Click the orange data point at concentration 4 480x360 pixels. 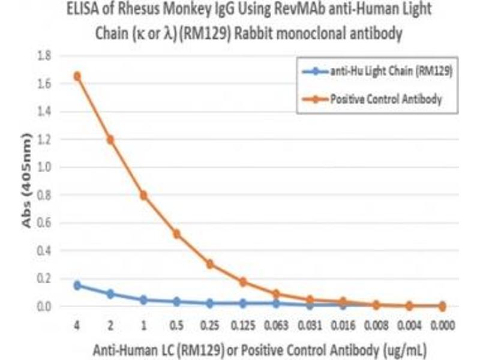click(x=77, y=76)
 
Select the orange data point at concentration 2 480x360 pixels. click(x=110, y=140)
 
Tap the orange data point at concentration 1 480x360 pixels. click(x=143, y=195)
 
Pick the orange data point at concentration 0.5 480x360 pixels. click(x=176, y=233)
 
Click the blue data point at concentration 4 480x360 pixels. click(x=77, y=285)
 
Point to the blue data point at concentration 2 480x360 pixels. click(x=110, y=294)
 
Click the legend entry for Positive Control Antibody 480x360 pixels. click(x=386, y=99)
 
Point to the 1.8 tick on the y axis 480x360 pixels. click(x=44, y=56)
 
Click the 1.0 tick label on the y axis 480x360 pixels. click(x=44, y=167)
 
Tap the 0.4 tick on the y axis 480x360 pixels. click(x=44, y=251)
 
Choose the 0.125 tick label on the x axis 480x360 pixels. click(x=243, y=326)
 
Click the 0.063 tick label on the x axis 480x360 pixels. click(x=276, y=326)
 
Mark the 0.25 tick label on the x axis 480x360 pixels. click(x=210, y=326)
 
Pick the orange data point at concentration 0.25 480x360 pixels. click(x=210, y=264)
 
